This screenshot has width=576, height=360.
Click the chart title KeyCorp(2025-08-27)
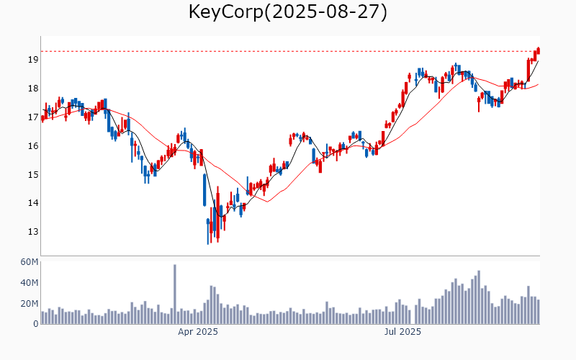tap(288, 12)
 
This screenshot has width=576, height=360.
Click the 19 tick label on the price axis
tap(32, 60)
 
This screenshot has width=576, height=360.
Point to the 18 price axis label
tap(32, 89)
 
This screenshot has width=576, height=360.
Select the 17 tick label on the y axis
tap(32, 117)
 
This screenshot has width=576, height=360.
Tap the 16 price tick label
tap(32, 146)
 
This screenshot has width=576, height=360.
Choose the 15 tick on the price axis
tap(32, 175)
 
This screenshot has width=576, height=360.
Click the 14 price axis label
tap(32, 203)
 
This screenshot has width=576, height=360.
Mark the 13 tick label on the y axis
tap(32, 232)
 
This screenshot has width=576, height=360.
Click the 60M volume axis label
tap(29, 262)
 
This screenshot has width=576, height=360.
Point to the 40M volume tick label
tap(29, 283)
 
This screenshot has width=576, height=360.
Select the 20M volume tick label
tap(29, 304)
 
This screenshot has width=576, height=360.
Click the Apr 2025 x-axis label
tap(198, 332)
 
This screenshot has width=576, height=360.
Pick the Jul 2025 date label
tap(402, 332)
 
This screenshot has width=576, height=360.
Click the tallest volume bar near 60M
tap(174, 294)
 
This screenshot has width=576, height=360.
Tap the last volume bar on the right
tap(538, 312)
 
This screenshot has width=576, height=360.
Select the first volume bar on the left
tap(42, 318)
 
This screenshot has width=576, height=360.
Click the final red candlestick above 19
tap(538, 50)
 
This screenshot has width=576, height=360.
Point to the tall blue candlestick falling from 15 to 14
tap(204, 189)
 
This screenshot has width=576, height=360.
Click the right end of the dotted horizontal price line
tap(540, 51)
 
